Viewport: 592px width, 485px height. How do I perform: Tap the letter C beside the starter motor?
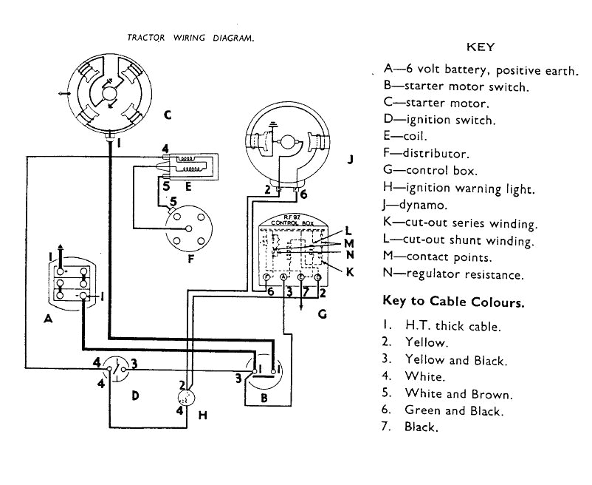(168, 115)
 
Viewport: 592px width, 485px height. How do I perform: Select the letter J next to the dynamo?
(350, 158)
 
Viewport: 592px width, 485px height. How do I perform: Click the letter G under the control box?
(322, 313)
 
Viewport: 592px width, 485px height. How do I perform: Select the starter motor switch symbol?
(264, 370)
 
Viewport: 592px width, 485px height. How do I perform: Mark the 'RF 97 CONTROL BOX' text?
(293, 220)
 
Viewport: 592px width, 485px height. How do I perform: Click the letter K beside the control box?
(350, 271)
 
